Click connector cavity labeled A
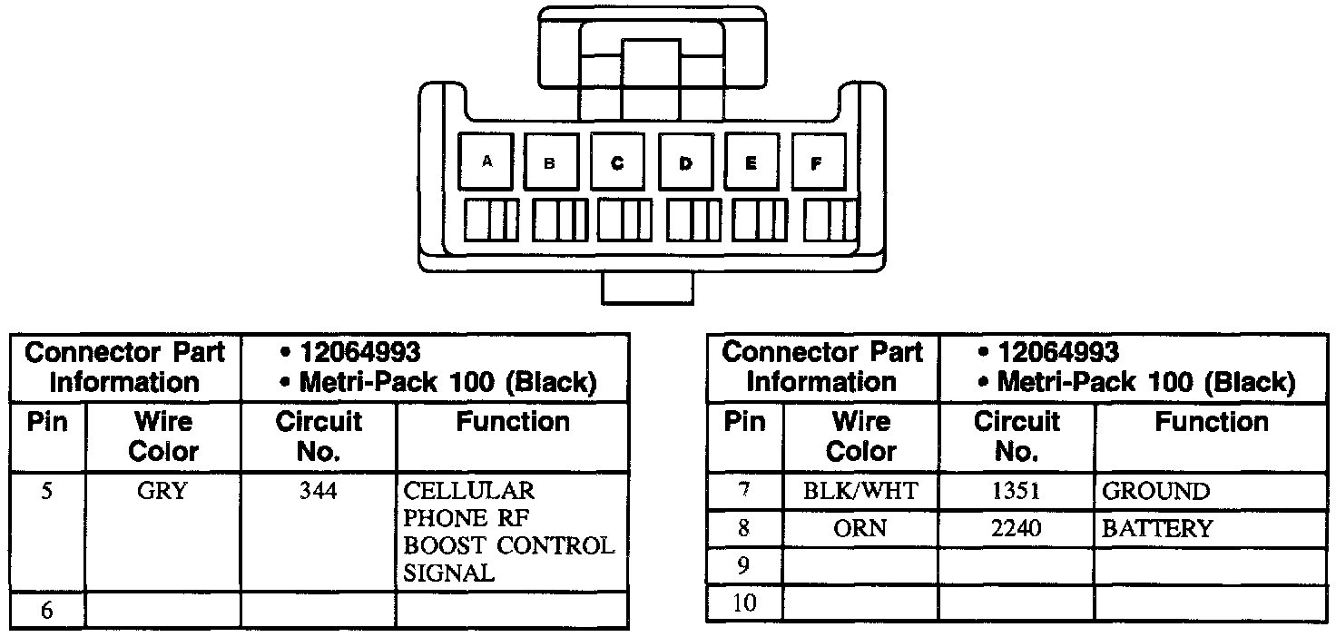click(487, 162)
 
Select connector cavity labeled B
click(549, 163)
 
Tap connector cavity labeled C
click(617, 163)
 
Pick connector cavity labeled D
click(685, 163)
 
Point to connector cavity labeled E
click(751, 163)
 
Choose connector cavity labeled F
click(816, 163)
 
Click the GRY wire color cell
click(163, 491)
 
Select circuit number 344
click(319, 491)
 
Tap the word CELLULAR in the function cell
click(469, 491)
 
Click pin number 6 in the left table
click(47, 611)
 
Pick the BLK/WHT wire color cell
click(860, 492)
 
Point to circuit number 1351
click(1017, 492)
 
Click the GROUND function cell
click(1155, 492)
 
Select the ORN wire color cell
click(860, 528)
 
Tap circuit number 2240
click(1017, 528)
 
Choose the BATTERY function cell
click(1157, 528)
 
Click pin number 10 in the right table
click(744, 603)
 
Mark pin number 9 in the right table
click(744, 566)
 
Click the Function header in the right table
click(1211, 422)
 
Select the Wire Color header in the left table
click(163, 436)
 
